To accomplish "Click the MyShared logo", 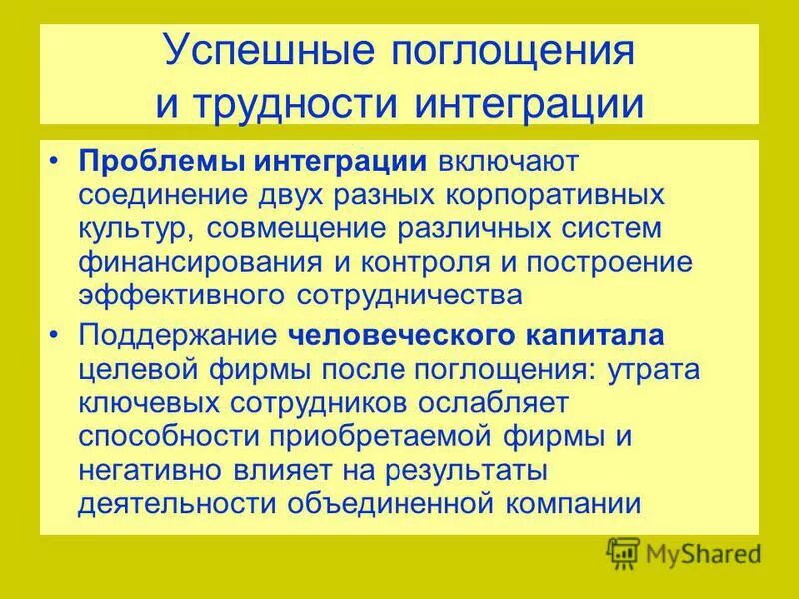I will click(685, 553).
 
